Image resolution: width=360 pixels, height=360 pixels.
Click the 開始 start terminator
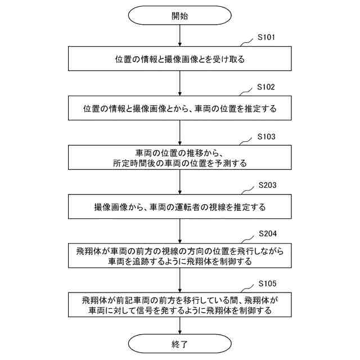coord(179,16)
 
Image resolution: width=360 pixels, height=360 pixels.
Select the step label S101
coord(266,38)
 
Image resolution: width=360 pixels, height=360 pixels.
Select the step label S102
coord(266,87)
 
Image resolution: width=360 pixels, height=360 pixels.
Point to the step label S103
coord(266,136)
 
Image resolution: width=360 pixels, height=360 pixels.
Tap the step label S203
coord(267,184)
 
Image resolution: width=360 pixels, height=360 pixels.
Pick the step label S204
coord(267,233)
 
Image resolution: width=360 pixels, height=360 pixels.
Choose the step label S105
coord(266,282)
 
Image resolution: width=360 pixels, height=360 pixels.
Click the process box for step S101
coord(179,59)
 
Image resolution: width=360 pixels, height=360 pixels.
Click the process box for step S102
coord(179,108)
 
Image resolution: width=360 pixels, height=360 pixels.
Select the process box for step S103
coord(179,157)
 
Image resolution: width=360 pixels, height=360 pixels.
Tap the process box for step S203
coord(179,206)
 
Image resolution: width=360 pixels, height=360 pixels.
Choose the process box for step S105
coord(179,305)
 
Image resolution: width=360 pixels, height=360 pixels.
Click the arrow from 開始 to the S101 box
coord(179,36)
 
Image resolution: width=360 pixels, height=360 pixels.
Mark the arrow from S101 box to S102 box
coord(179,84)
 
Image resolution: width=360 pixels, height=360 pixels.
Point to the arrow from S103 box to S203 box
coord(179,182)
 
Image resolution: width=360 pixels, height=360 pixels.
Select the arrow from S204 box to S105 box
coord(179,280)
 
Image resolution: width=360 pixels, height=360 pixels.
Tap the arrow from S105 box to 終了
coord(179,325)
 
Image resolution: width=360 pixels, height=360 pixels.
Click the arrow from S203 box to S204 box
coord(179,231)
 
